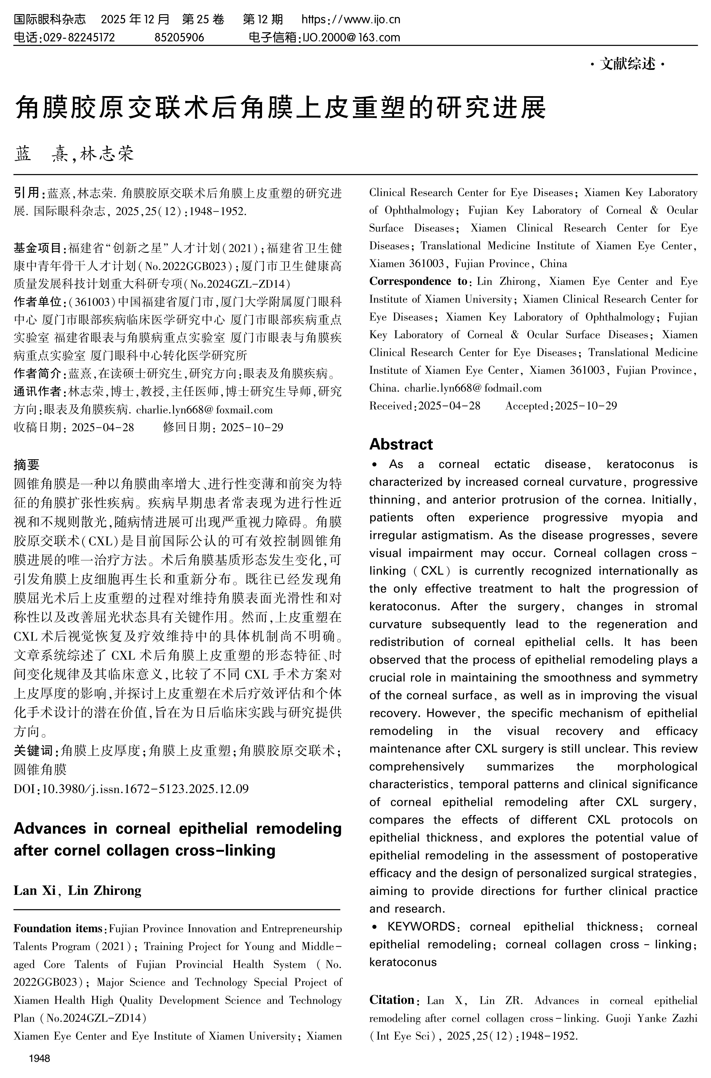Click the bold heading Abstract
click(x=401, y=444)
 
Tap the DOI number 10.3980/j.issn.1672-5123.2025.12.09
click(x=145, y=789)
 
